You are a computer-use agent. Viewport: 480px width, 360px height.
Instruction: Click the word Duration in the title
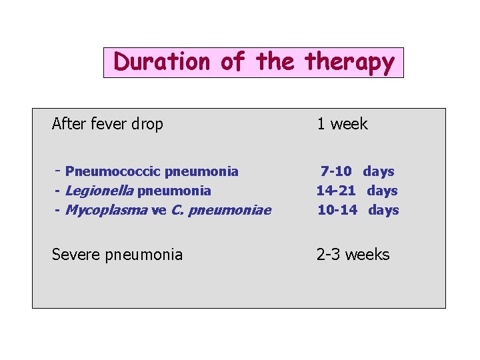[x=162, y=62]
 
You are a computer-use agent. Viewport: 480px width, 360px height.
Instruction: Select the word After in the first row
[x=67, y=124]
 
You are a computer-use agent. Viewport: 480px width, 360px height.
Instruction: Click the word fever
[x=105, y=124]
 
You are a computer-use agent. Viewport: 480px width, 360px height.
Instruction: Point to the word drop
[x=147, y=125]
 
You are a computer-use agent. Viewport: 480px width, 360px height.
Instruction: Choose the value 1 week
[x=342, y=124]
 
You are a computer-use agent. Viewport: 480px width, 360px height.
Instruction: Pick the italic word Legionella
[x=100, y=191]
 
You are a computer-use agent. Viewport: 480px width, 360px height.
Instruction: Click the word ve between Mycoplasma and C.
[x=159, y=211]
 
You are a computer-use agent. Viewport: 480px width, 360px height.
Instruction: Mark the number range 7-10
[x=336, y=171]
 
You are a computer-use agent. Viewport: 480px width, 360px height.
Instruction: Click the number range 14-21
[x=335, y=191]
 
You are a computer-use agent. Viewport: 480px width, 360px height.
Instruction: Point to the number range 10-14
[x=336, y=210]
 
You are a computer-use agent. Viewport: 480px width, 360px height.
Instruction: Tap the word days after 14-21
[x=383, y=191]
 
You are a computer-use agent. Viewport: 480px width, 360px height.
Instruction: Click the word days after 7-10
[x=379, y=171]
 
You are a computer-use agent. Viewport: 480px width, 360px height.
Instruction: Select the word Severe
[x=75, y=254]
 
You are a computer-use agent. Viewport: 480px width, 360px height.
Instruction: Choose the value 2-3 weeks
[x=353, y=254]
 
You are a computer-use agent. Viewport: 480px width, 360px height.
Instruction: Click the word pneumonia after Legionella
[x=174, y=191]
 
